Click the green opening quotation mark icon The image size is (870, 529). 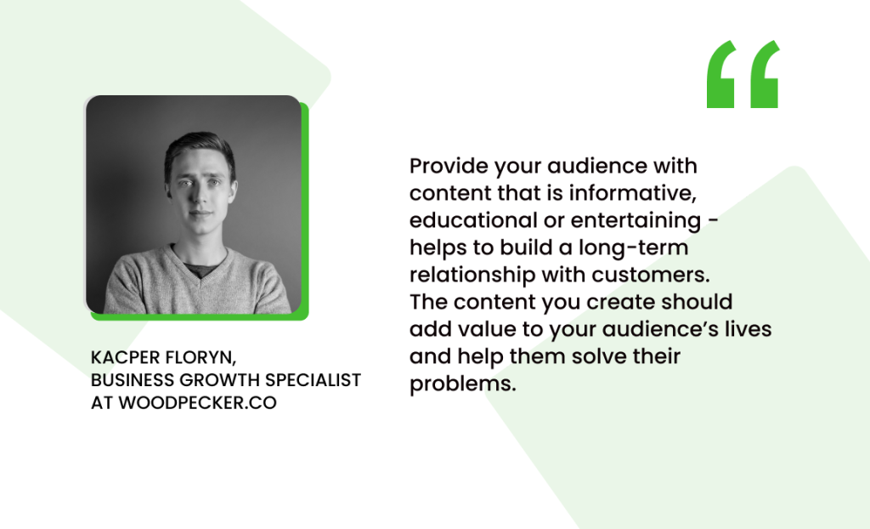click(743, 75)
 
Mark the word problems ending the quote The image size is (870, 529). click(462, 384)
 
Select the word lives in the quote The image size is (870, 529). click(749, 329)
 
